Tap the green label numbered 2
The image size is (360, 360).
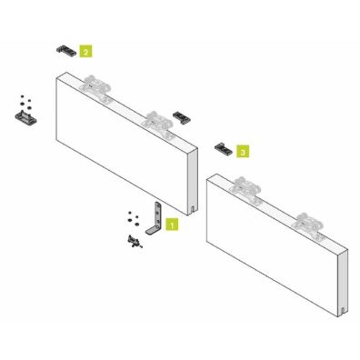point(85,52)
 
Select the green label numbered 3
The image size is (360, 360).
point(241,147)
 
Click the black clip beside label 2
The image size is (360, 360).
point(65,47)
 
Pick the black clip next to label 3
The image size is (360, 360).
point(222,145)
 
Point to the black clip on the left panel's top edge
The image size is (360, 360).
point(185,116)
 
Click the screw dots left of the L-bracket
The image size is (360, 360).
point(130,218)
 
